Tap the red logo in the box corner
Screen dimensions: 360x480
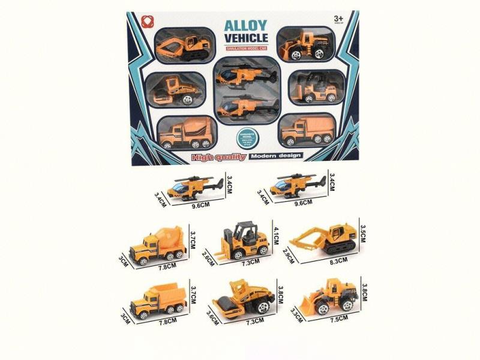pos(145,19)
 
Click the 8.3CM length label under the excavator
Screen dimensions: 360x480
pos(326,262)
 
